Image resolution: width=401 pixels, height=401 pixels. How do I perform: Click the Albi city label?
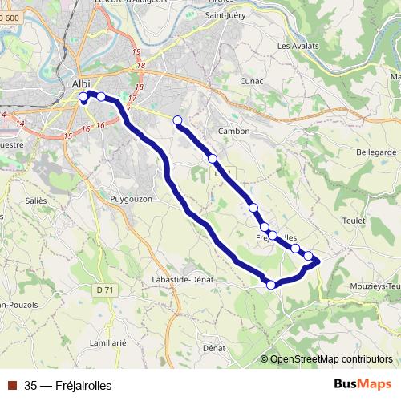point(81,83)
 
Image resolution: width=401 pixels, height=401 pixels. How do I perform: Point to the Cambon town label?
point(233,131)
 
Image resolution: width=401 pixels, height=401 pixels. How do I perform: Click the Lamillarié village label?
point(108,342)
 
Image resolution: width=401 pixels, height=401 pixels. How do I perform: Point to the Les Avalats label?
point(298,46)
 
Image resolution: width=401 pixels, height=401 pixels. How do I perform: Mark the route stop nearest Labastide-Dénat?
point(271,285)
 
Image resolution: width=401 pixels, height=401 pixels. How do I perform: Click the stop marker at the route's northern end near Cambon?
point(177,120)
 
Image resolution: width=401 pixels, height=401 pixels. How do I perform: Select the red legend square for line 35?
point(12,385)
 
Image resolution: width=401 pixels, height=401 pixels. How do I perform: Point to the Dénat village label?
point(213,349)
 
